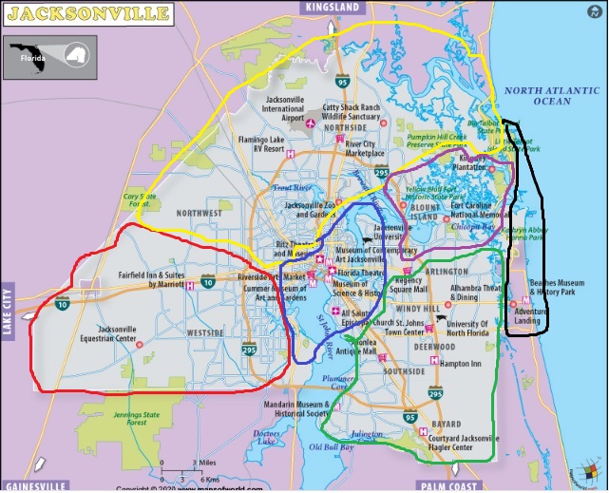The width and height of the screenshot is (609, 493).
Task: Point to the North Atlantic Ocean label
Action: pos(552,95)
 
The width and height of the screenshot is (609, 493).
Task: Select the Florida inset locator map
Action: pos(50,58)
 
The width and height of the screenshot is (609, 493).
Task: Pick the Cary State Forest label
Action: pos(137,199)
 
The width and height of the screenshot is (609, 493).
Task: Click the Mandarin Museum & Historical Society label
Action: pos(278,408)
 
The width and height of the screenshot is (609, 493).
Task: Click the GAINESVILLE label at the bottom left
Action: pos(35,485)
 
